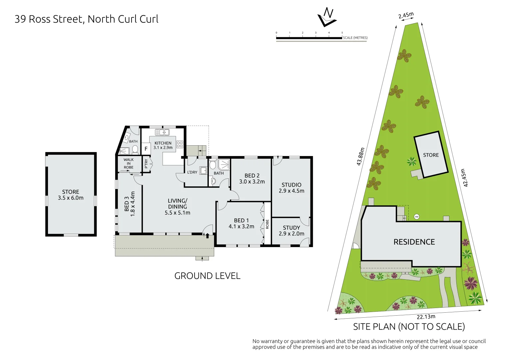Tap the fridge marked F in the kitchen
click(x=146, y=149)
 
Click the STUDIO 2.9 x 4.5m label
click(x=291, y=188)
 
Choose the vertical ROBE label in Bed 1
click(x=267, y=224)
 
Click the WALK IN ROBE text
click(x=129, y=164)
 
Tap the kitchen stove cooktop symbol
click(x=180, y=144)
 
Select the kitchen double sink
click(x=162, y=132)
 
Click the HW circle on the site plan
click(x=416, y=217)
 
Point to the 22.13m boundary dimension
click(x=426, y=317)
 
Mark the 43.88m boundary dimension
click(x=360, y=157)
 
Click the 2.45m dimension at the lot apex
click(x=406, y=16)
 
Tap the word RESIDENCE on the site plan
click(x=414, y=242)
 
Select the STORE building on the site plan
click(x=431, y=155)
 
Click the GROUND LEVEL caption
click(x=207, y=276)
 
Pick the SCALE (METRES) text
click(x=355, y=38)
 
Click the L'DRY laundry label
click(x=192, y=172)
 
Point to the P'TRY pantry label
click(x=146, y=163)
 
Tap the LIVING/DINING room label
click(x=178, y=207)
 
